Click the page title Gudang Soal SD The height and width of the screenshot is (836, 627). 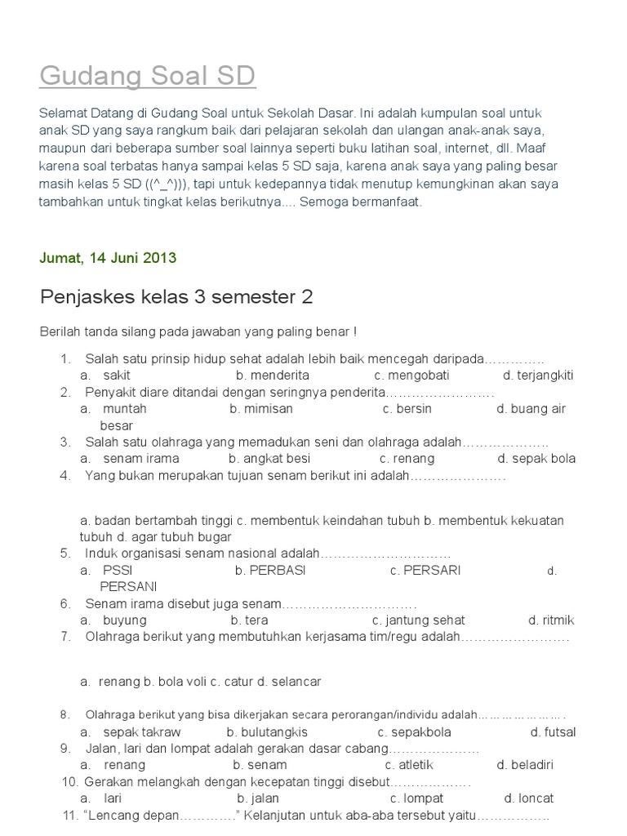click(x=148, y=76)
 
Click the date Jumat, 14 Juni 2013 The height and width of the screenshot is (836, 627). click(x=108, y=258)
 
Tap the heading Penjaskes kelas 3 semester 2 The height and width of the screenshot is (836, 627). click(x=176, y=296)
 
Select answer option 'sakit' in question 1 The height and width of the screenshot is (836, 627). click(x=117, y=376)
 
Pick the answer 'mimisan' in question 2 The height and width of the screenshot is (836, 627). click(x=270, y=409)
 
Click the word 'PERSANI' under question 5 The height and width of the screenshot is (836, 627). click(x=128, y=586)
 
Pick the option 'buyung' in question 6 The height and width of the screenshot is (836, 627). click(x=125, y=620)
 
